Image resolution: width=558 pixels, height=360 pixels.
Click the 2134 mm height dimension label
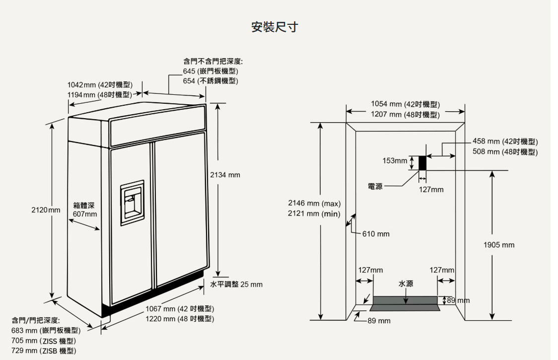pyautogui.click(x=225, y=175)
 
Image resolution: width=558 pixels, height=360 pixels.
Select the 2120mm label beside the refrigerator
pyautogui.click(x=46, y=210)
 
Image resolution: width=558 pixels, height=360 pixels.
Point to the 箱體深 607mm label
pyautogui.click(x=85, y=210)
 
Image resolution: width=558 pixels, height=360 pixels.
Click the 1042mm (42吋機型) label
pyautogui.click(x=100, y=85)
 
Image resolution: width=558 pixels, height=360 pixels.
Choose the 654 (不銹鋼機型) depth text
pyautogui.click(x=211, y=81)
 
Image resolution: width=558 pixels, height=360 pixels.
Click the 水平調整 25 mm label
pyautogui.click(x=236, y=285)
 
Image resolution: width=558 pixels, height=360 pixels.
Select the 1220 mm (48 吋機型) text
pyautogui.click(x=180, y=318)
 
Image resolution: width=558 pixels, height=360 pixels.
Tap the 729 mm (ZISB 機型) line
pyautogui.click(x=44, y=351)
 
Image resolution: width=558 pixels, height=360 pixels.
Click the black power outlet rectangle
pyautogui.click(x=422, y=163)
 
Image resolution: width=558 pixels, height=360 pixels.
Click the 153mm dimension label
pyautogui.click(x=395, y=161)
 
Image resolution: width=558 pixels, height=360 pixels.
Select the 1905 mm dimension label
pyautogui.click(x=499, y=245)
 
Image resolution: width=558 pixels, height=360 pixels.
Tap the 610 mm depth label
pyautogui.click(x=376, y=234)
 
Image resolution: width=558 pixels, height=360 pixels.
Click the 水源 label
pyautogui.click(x=406, y=284)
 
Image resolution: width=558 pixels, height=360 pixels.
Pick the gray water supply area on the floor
pyautogui.click(x=405, y=302)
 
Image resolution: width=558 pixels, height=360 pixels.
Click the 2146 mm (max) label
pyautogui.click(x=314, y=204)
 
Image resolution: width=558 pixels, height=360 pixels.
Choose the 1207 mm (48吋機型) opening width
pyautogui.click(x=405, y=115)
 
